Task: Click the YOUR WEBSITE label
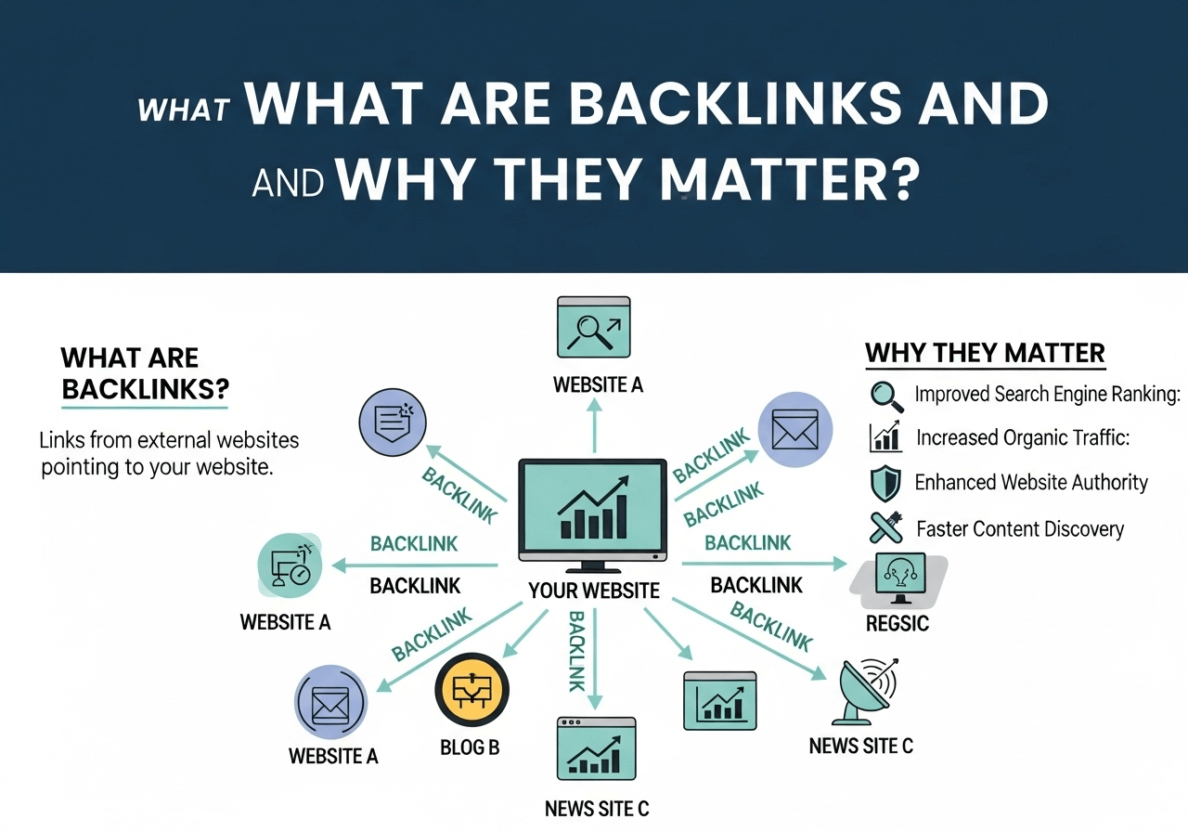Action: tap(593, 591)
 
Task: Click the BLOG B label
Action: tap(470, 746)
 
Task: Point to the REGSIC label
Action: tap(897, 623)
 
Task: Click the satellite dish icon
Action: tap(866, 692)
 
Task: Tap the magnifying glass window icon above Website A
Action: tap(593, 328)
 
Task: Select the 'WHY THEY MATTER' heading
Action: tap(985, 354)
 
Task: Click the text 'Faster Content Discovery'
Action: tap(1019, 530)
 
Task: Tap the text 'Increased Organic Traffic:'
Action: tap(1022, 437)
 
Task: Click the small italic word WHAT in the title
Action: tap(183, 110)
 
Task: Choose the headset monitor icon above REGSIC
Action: tap(899, 578)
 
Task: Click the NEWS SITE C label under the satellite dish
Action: tap(860, 746)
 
